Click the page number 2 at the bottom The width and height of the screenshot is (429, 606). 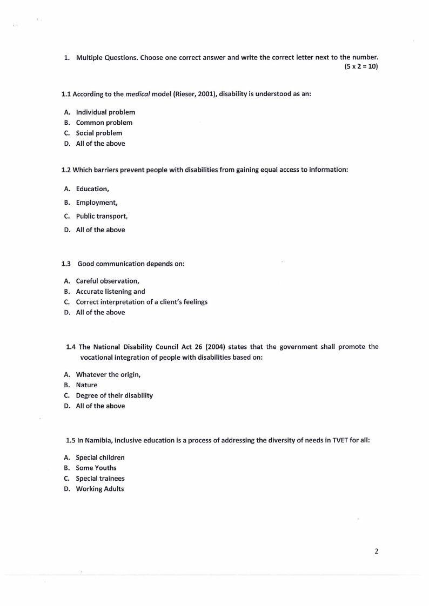(376, 551)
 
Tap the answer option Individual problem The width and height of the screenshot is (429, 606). (105, 112)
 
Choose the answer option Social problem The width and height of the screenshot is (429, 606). (99, 133)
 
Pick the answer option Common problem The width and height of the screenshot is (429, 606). (104, 123)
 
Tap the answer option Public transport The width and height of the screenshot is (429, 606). (102, 216)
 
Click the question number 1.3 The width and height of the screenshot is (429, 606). (66, 264)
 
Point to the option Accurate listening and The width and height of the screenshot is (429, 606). (110, 292)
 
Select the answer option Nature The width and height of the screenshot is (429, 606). (86, 385)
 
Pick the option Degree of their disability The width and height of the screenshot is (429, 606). (114, 395)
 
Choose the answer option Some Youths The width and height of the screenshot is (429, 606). (96, 468)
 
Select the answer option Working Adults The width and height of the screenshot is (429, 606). (100, 489)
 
